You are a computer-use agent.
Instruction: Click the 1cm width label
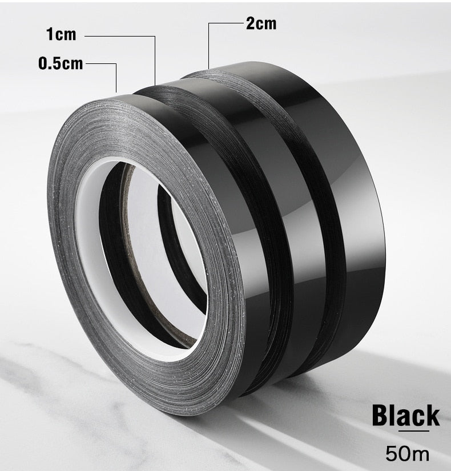pos(61,34)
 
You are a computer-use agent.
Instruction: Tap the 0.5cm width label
pos(61,63)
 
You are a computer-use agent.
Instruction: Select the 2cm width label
pos(261,23)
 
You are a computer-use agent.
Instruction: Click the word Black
pos(406,416)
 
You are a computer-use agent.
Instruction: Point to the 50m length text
pos(408,453)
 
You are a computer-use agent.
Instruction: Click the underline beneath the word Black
pos(414,432)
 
